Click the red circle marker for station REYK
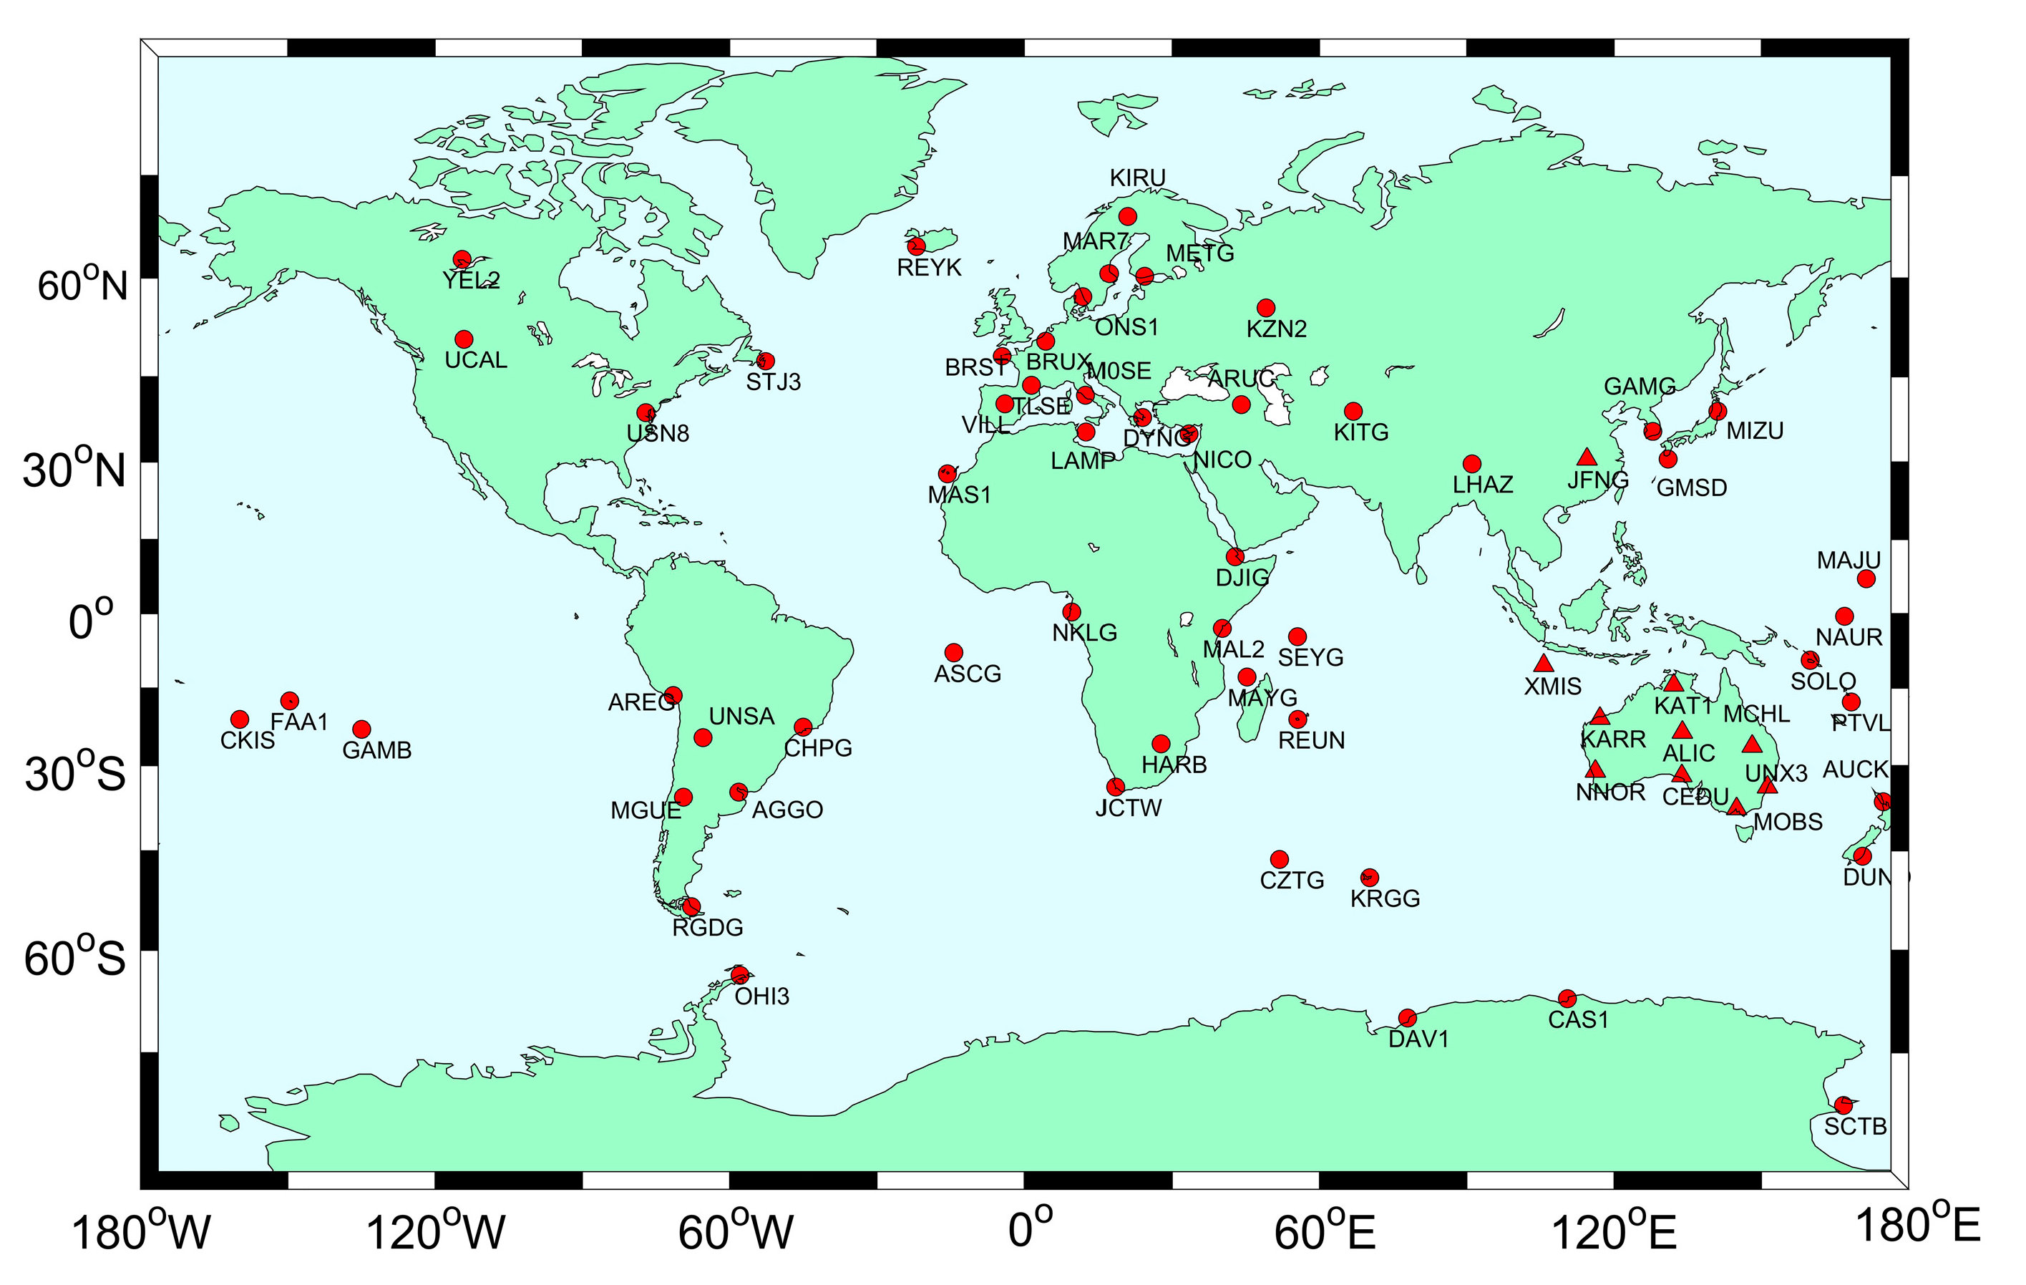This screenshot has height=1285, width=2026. (x=916, y=246)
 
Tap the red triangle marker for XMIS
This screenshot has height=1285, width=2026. (x=1542, y=663)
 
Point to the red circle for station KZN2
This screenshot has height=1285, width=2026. (x=1265, y=308)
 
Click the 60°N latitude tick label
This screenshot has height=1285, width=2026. (x=82, y=284)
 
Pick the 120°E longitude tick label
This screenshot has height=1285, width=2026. (x=1613, y=1232)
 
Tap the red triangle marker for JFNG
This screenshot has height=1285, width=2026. (x=1586, y=457)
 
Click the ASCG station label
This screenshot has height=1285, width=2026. (x=968, y=674)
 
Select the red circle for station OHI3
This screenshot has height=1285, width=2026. (x=739, y=975)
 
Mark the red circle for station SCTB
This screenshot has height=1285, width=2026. (x=1843, y=1105)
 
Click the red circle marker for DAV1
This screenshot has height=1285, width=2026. (x=1407, y=1018)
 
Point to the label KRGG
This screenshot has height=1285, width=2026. (x=1385, y=898)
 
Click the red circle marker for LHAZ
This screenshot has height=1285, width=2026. (x=1471, y=464)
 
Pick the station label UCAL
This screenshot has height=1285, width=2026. (x=475, y=360)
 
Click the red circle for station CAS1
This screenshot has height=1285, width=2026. (x=1567, y=999)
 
